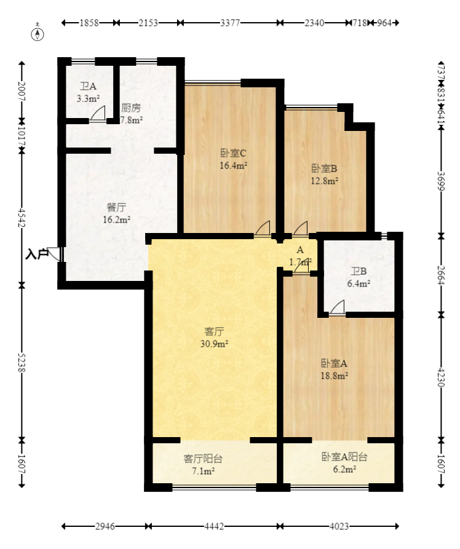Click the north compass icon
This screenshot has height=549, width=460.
[39, 34]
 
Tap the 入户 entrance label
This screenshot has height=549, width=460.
[36, 253]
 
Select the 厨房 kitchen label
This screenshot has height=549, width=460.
[131, 108]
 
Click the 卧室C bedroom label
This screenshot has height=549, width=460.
[234, 153]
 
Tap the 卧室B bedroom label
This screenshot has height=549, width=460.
[325, 168]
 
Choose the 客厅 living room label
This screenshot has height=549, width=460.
[214, 331]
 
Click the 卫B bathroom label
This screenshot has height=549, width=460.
[359, 271]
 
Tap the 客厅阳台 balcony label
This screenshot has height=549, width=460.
[203, 458]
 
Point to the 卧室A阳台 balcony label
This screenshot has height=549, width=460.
[344, 457]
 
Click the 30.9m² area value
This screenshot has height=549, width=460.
[214, 344]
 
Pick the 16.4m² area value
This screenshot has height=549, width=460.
[234, 165]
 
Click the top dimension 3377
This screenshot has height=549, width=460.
[230, 23]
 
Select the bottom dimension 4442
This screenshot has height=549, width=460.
[214, 526]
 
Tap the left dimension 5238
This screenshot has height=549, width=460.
[22, 361]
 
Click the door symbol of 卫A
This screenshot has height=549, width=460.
[97, 115]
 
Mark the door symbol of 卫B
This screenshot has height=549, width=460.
[336, 309]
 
